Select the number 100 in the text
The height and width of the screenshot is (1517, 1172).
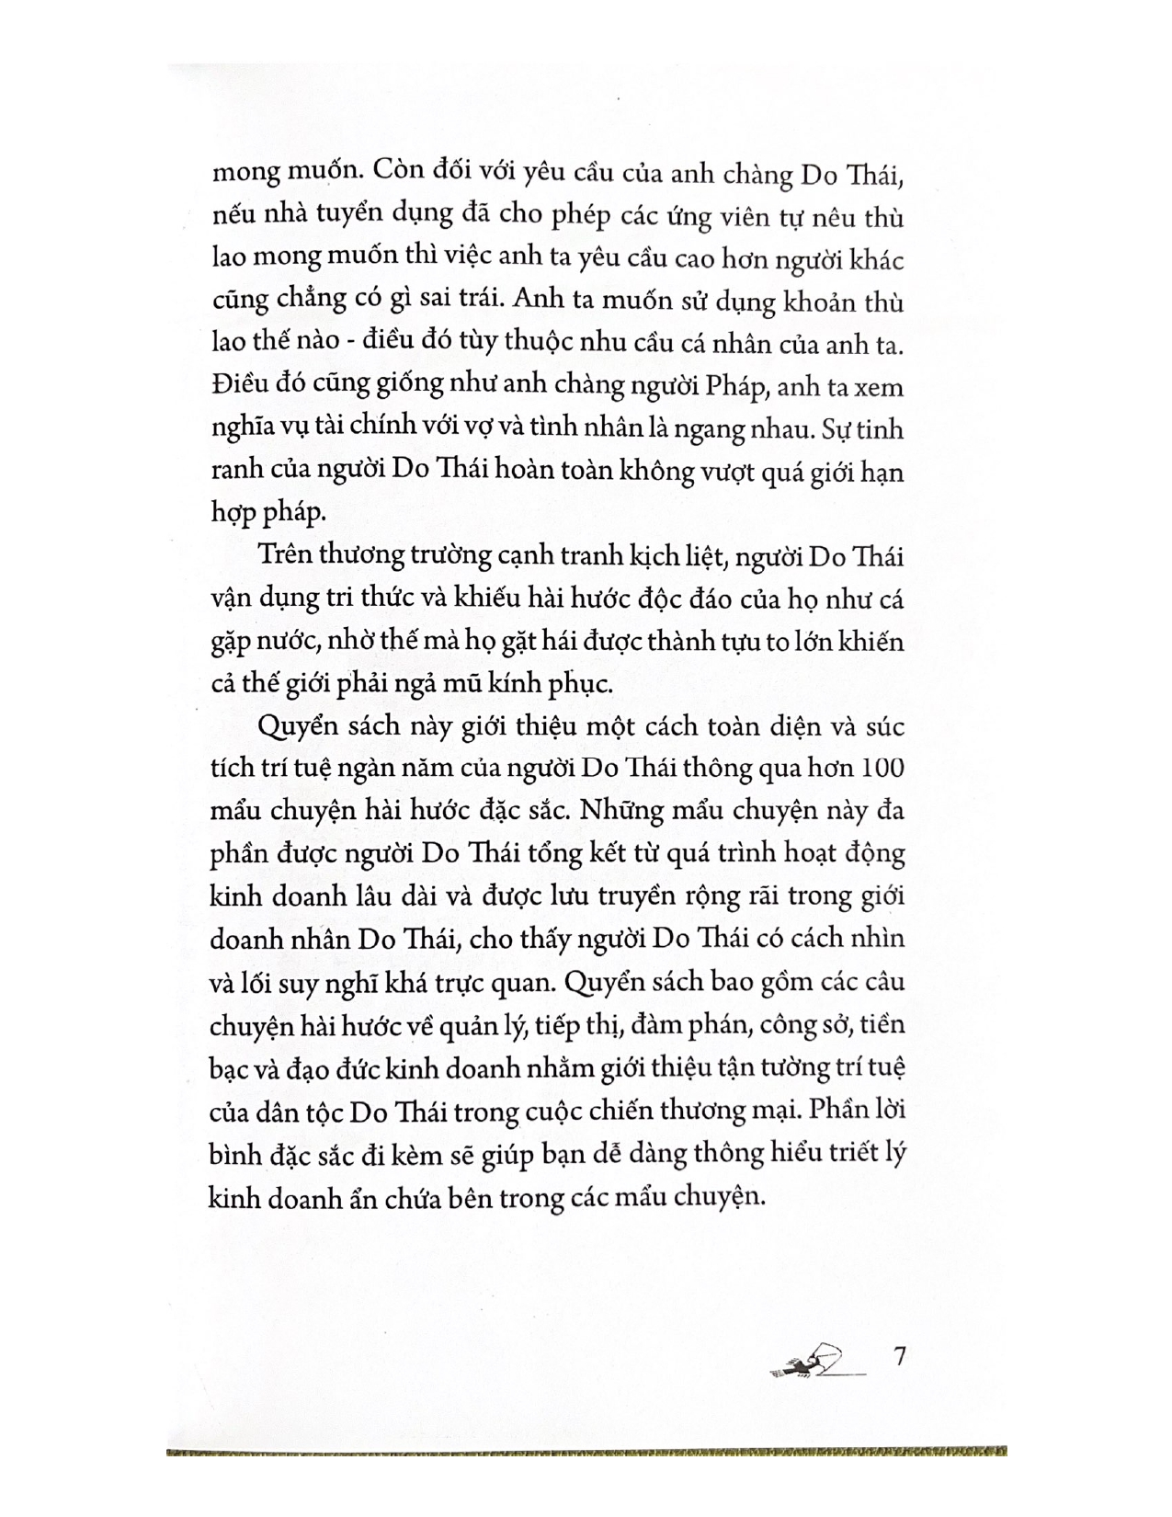point(883,768)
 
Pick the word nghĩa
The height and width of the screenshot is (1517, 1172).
point(241,429)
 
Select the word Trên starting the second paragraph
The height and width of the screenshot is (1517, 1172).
point(286,556)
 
